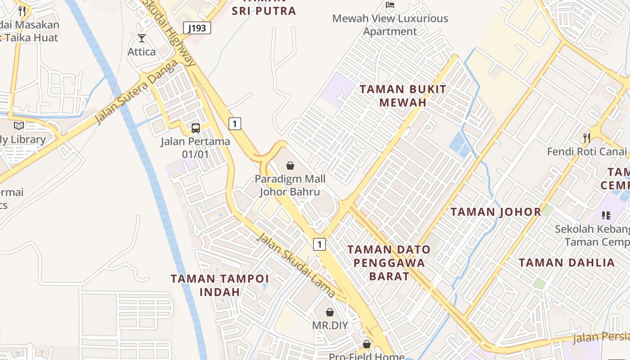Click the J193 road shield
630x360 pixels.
197,28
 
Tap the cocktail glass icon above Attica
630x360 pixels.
142,38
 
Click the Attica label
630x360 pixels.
142,52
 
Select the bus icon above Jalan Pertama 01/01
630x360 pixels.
196,128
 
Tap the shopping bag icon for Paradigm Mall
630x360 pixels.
290,166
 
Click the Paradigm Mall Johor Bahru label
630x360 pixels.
290,185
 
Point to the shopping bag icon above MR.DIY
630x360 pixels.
330,312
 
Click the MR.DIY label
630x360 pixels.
330,325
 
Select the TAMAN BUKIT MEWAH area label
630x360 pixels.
403,95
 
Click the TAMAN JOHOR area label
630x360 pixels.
496,212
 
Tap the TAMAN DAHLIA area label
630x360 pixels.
567,262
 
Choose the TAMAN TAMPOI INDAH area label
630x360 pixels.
220,285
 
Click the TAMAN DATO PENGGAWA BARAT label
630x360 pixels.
389,262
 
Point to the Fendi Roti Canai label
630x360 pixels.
587,151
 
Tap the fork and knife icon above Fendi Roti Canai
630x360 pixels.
586,138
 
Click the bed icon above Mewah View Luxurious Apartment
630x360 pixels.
390,5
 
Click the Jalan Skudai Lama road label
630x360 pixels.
295,265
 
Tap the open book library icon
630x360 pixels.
19,126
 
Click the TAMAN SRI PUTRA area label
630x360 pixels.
264,10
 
